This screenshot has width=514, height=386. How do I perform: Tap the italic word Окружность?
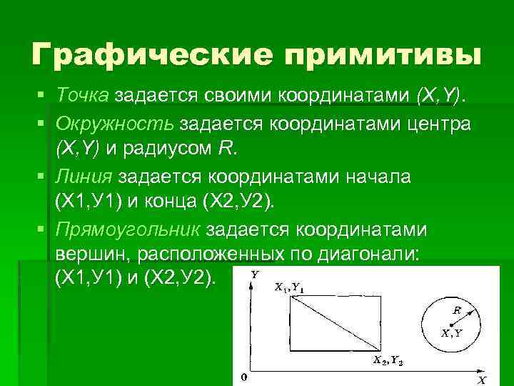tap(114, 123)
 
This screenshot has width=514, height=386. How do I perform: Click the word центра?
tap(435, 123)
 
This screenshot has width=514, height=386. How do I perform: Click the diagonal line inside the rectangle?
tap(333, 324)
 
